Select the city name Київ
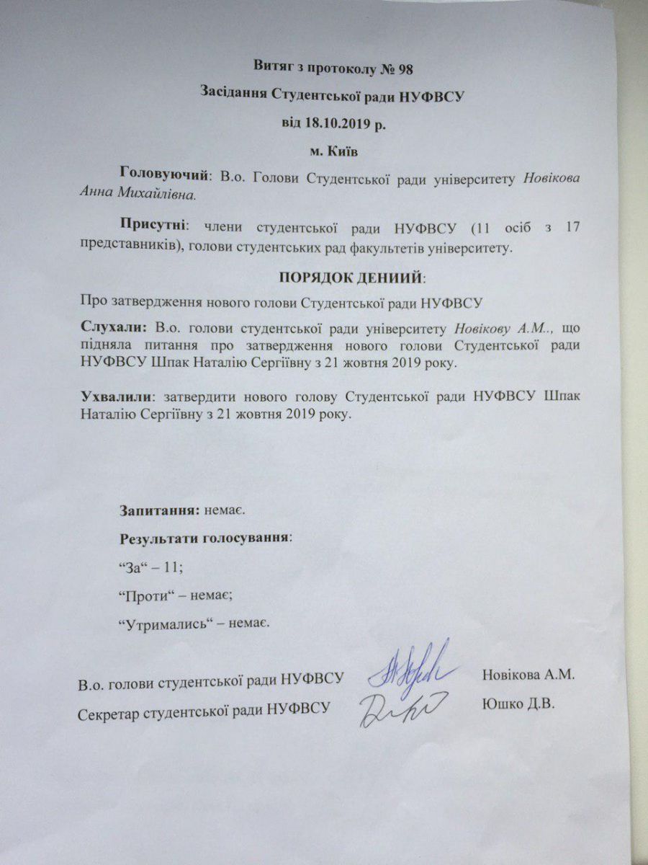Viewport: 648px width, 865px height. (x=342, y=151)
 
